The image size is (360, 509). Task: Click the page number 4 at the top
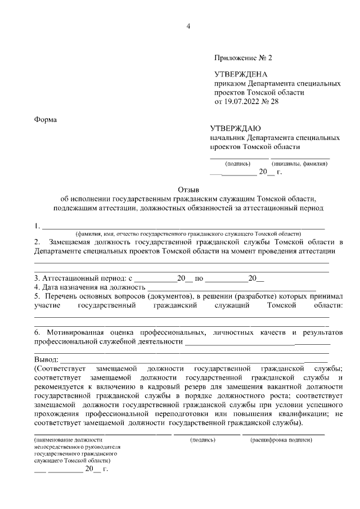[188, 26]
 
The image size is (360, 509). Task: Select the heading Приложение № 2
[242, 58]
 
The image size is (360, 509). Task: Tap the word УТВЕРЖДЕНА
[241, 74]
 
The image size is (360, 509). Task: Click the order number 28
[274, 102]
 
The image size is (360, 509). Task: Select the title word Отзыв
[188, 190]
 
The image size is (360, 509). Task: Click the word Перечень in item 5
[61, 296]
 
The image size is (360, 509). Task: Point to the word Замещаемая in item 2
[67, 242]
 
